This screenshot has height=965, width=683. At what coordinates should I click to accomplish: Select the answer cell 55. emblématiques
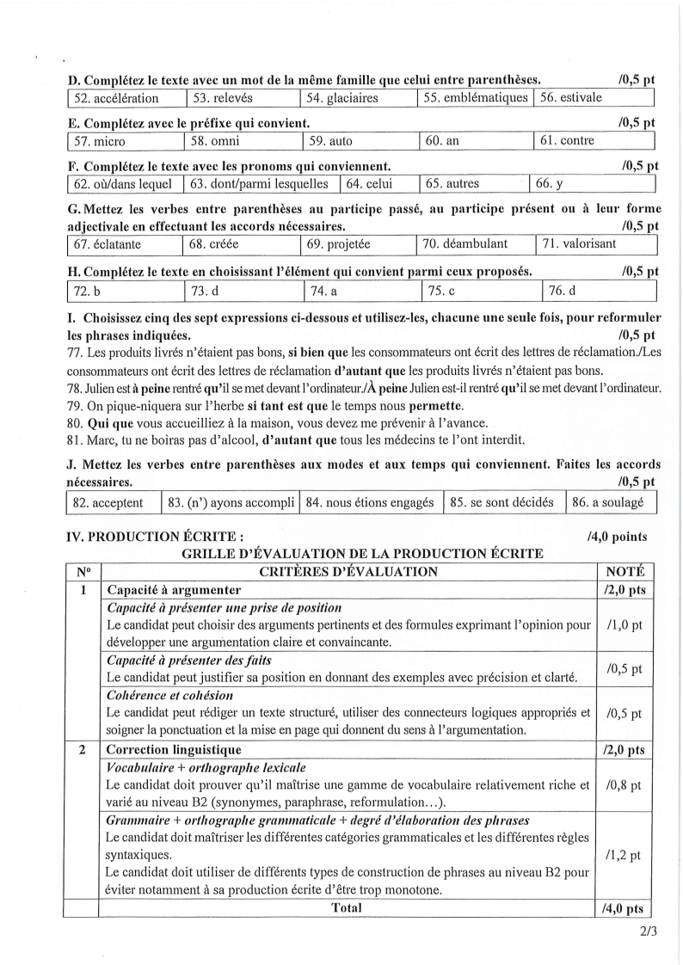[x=476, y=98]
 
